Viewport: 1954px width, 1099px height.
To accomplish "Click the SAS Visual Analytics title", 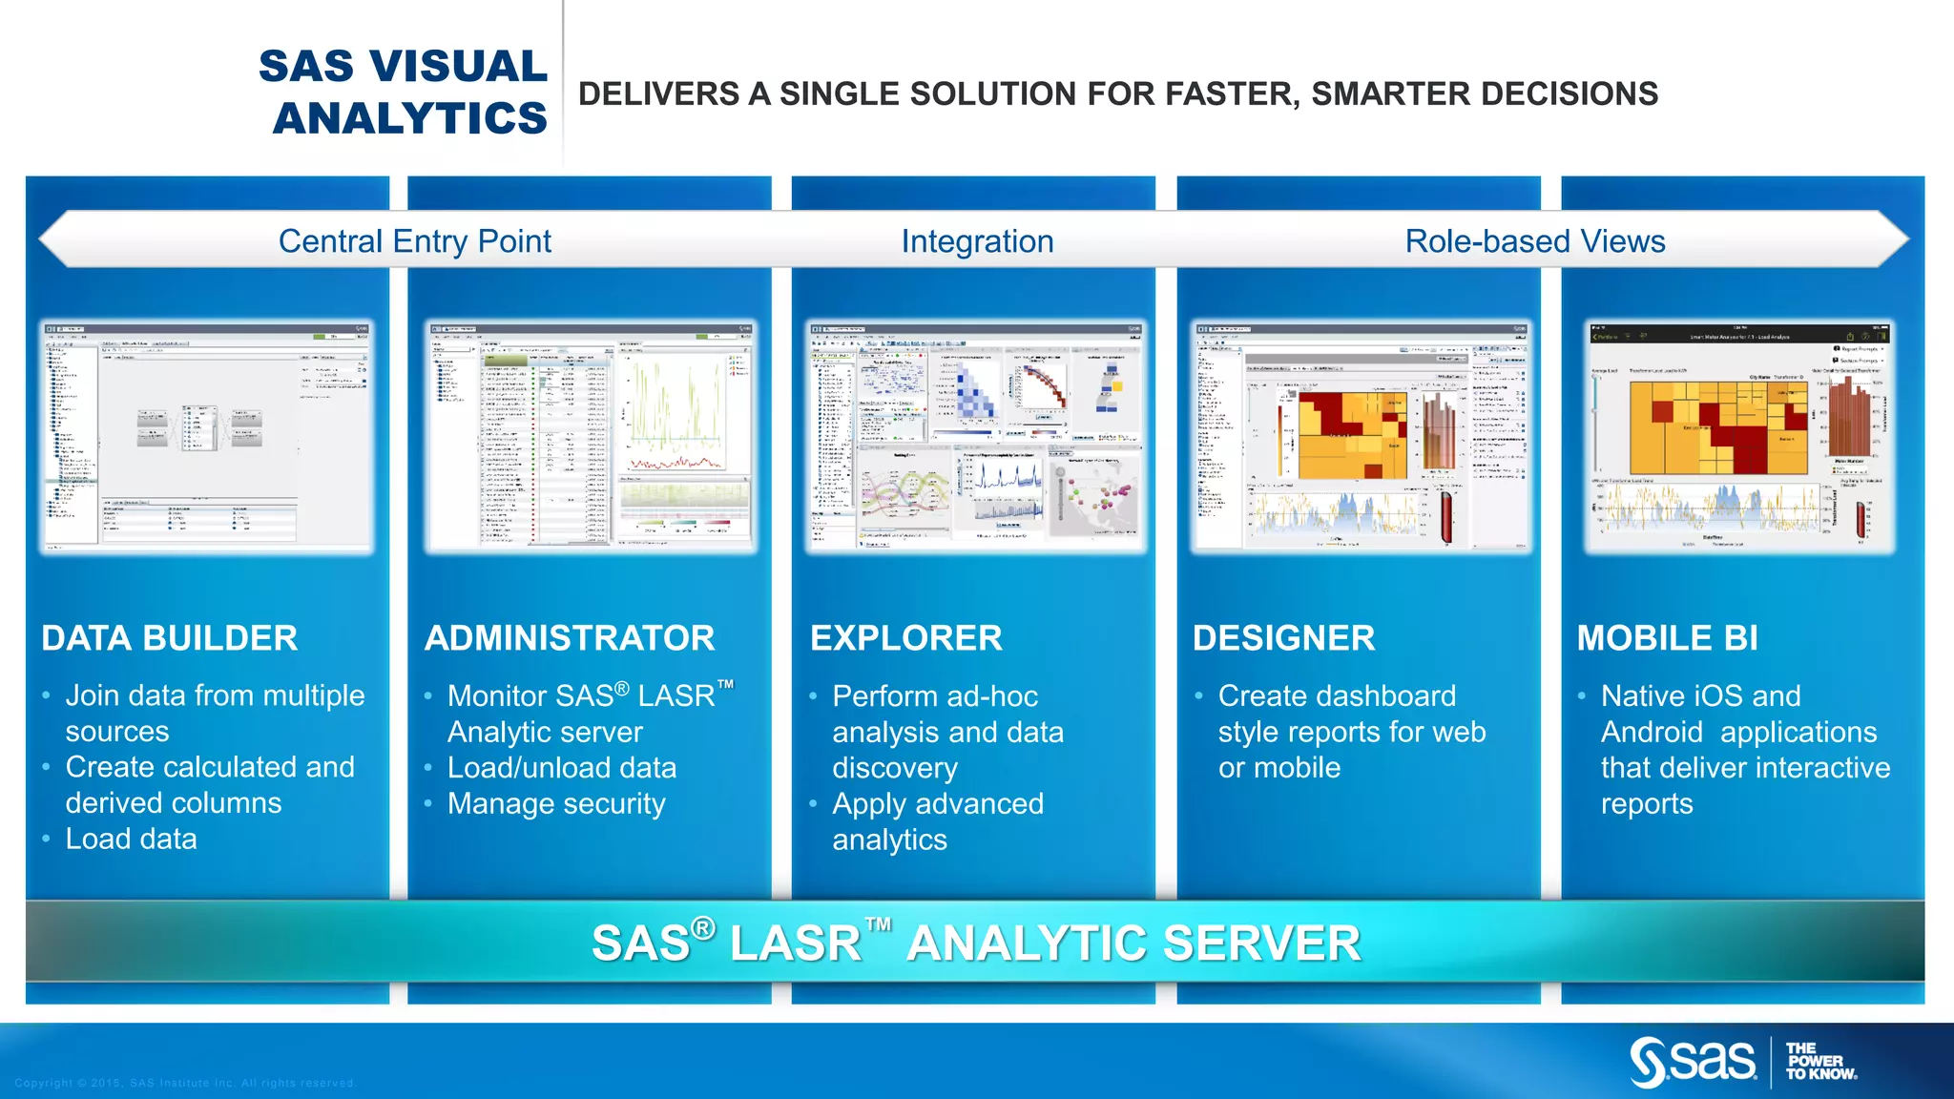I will [x=404, y=93].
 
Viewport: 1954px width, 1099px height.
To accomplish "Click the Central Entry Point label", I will [x=415, y=241].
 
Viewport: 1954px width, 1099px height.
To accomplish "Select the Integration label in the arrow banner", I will [x=977, y=241].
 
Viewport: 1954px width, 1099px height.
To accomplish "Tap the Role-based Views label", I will [x=1535, y=241].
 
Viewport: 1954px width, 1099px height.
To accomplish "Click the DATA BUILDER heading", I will [x=170, y=638].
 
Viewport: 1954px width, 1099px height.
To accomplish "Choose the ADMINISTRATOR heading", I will [x=570, y=638].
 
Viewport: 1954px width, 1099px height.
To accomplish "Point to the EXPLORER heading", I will [x=906, y=638].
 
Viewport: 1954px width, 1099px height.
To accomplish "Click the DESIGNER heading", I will [x=1284, y=638].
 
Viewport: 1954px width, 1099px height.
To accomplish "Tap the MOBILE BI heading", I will [x=1667, y=638].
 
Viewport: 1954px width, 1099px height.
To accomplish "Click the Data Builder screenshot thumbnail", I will [x=207, y=437].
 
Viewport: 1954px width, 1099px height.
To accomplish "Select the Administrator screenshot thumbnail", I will [x=591, y=437].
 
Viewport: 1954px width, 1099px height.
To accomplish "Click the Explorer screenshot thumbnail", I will [x=974, y=437].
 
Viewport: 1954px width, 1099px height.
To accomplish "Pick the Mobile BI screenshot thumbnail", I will [x=1739, y=437].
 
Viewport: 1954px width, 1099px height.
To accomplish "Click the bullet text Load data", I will [x=132, y=840].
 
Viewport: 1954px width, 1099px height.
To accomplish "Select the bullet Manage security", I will [x=556, y=804].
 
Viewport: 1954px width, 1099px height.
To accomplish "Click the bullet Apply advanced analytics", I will [x=937, y=821].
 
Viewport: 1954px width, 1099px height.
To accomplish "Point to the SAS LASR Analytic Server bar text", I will [x=975, y=943].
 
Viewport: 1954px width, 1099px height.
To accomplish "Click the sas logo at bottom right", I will [x=1694, y=1062].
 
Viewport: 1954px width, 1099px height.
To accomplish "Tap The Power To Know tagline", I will [x=1820, y=1062].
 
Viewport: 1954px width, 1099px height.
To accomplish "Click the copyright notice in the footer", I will [x=185, y=1083].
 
